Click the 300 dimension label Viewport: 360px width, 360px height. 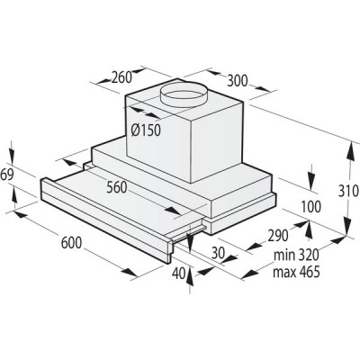pyautogui.click(x=237, y=81)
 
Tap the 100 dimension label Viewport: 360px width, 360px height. pyautogui.click(x=309, y=208)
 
